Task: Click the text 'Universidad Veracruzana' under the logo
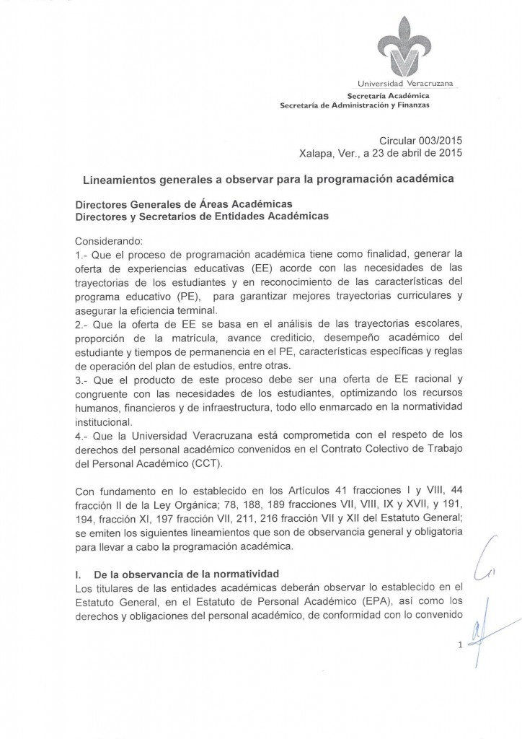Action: [409, 86]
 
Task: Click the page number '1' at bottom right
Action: [459, 647]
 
